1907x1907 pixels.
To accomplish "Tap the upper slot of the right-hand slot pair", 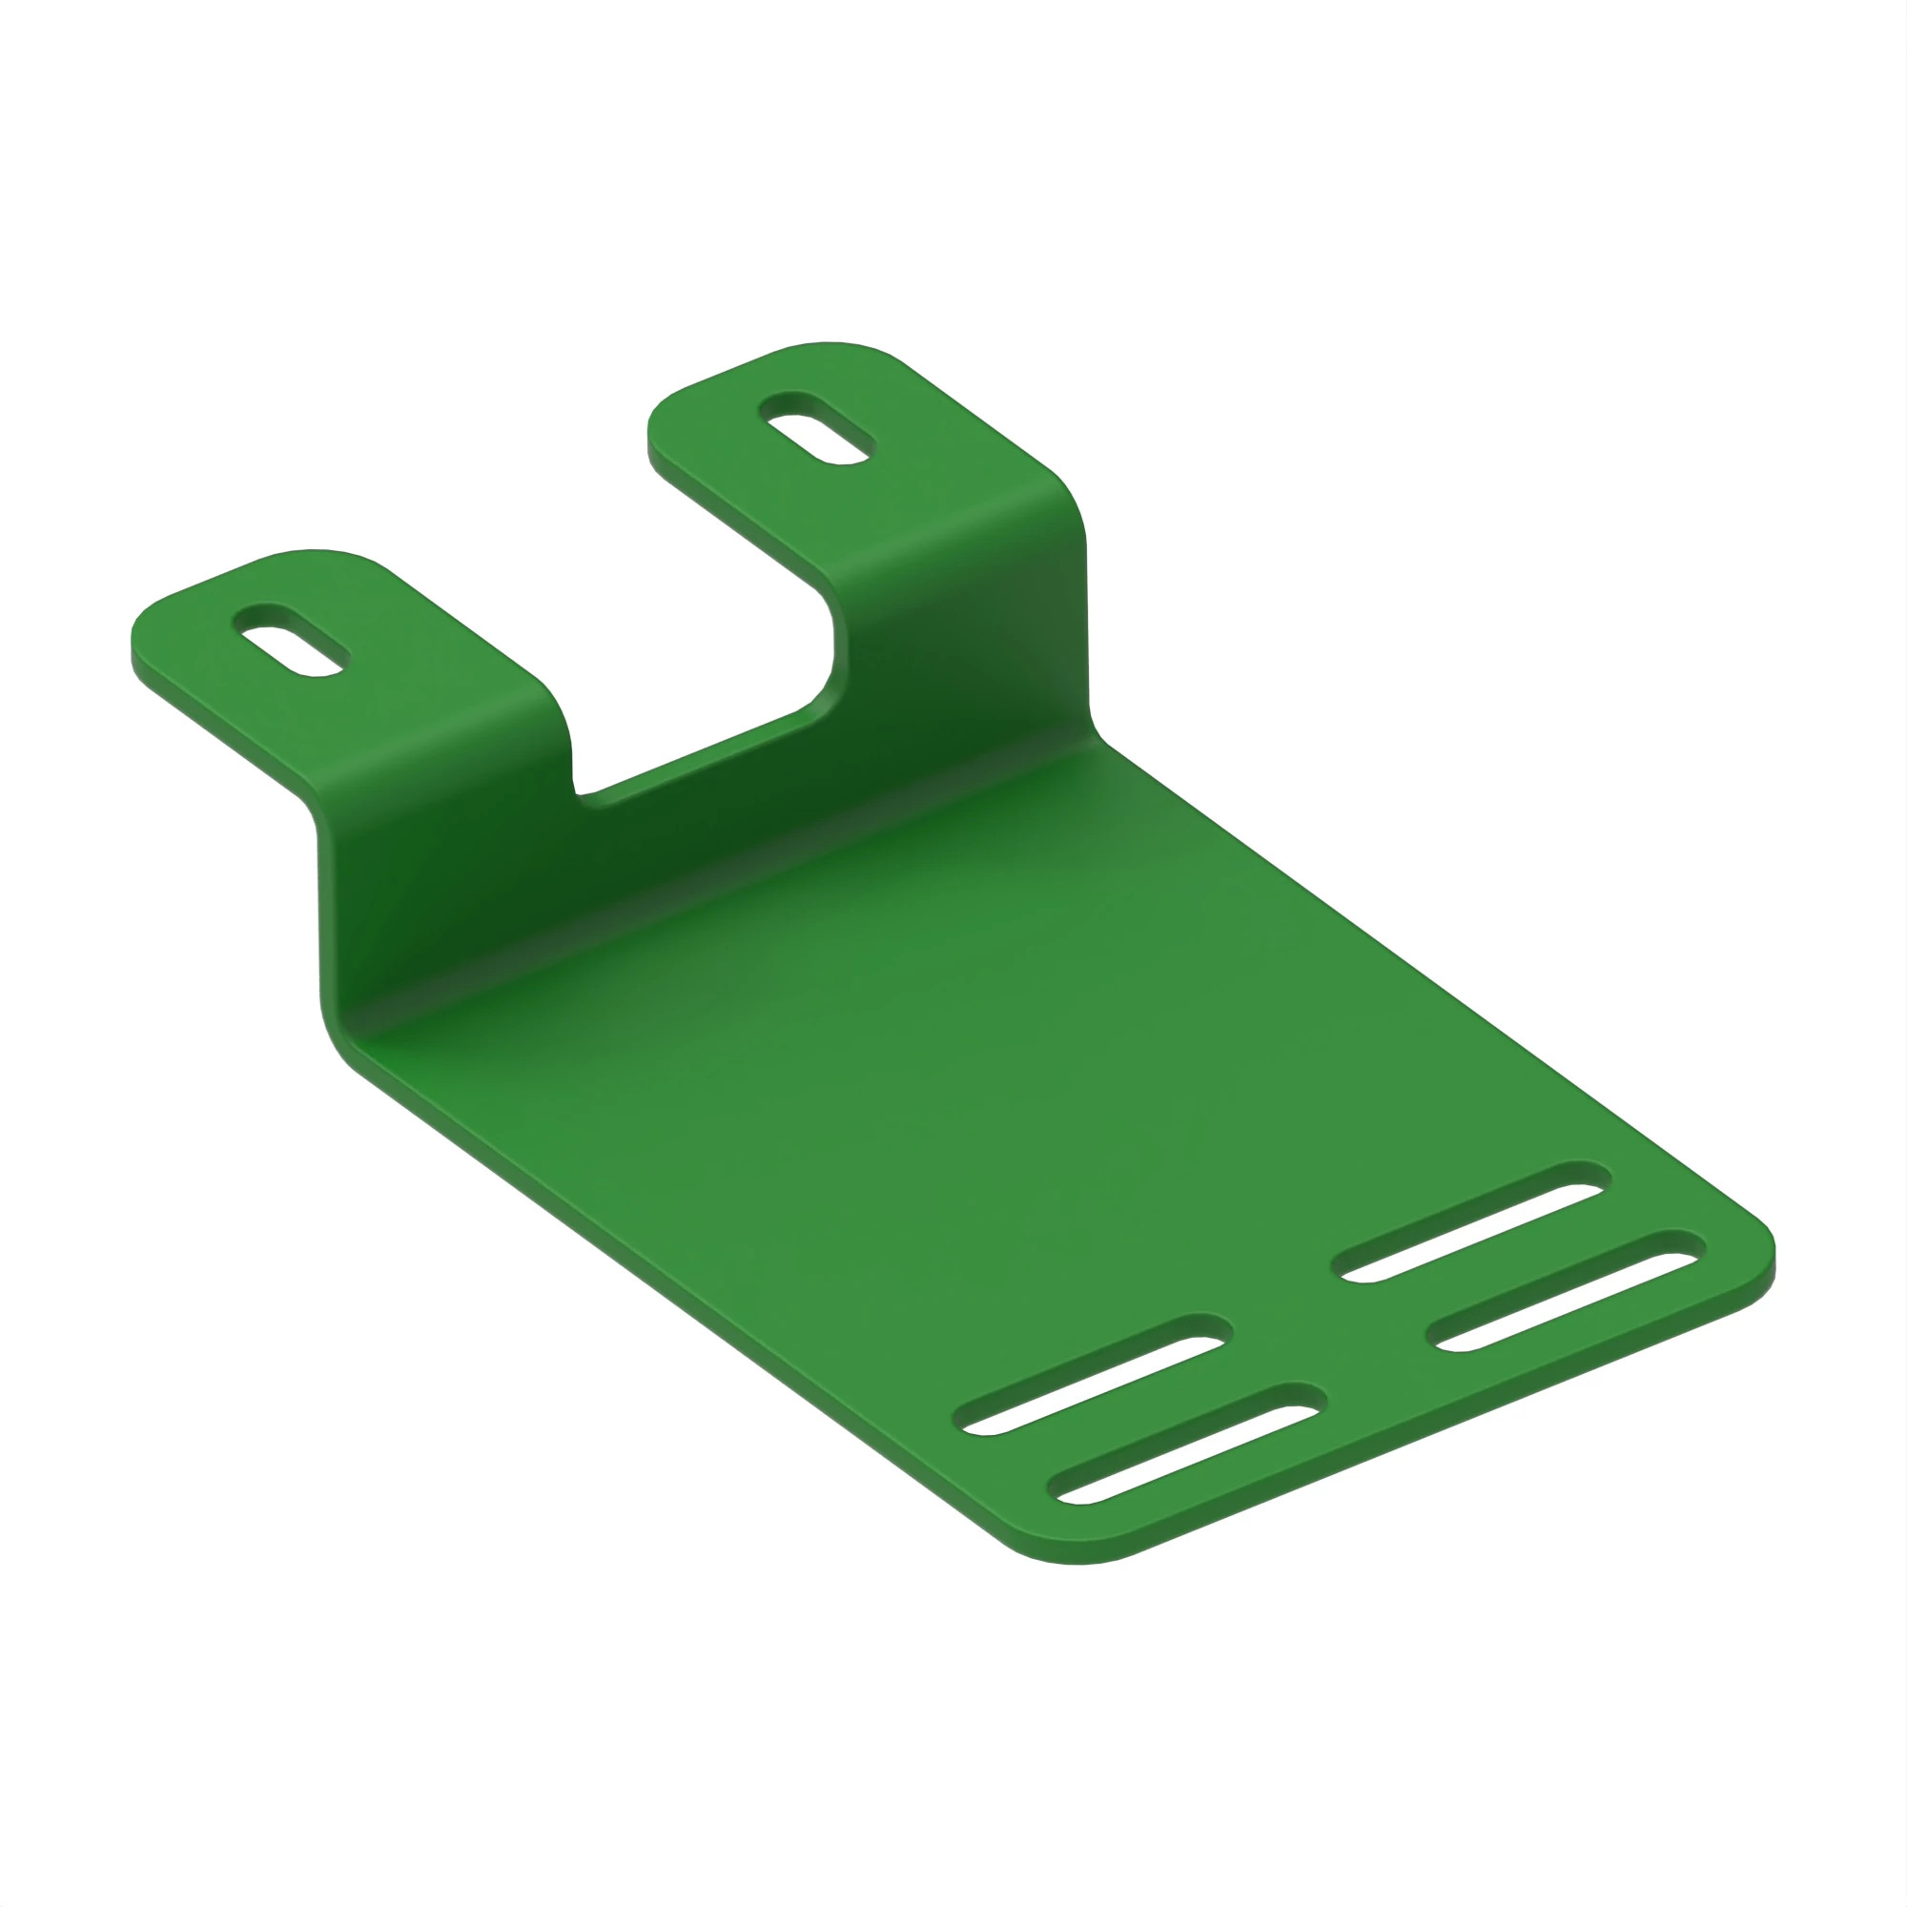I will pos(1471,1223).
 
